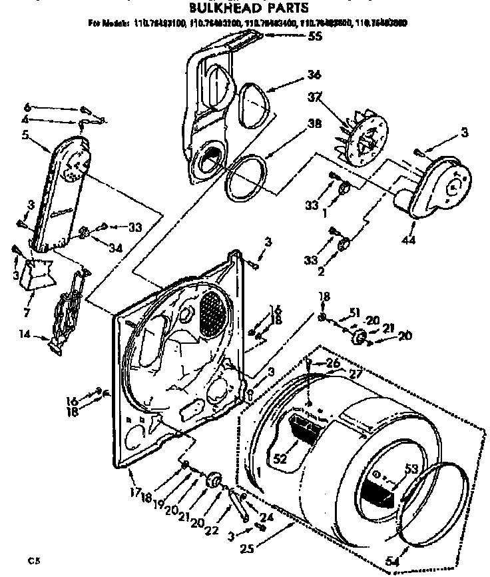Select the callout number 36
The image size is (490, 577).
[314, 75]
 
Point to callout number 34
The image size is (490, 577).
[116, 249]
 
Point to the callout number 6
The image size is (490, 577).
[27, 107]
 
